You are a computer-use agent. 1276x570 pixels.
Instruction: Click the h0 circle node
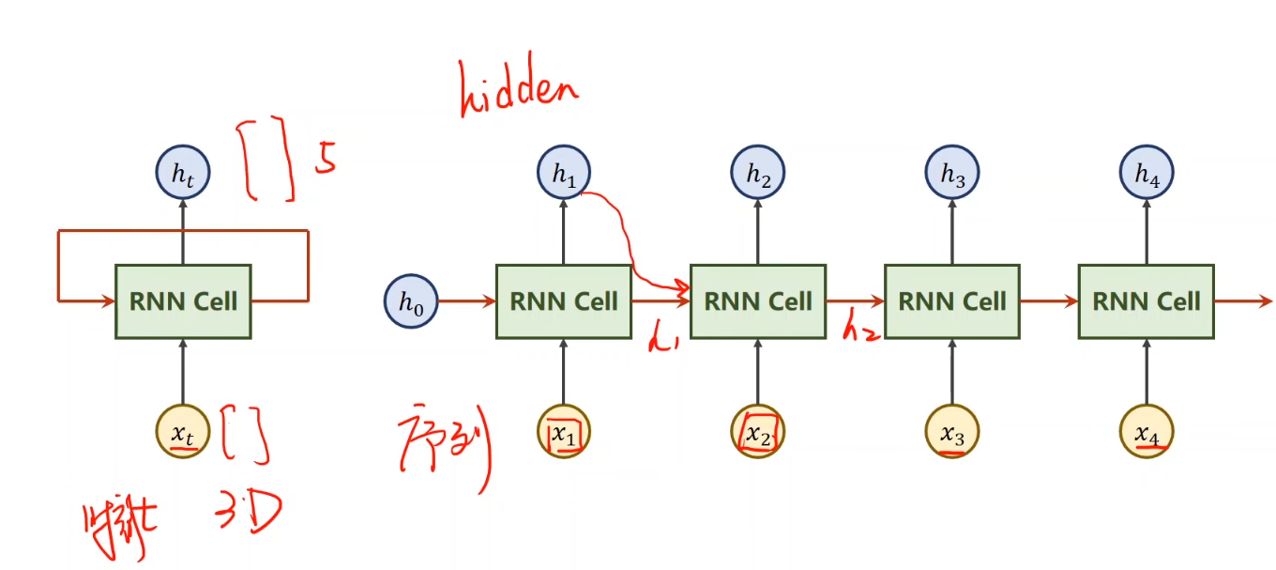pos(411,301)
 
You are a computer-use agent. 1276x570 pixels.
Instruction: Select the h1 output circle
pos(564,174)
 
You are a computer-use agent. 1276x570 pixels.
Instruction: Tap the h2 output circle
pos(758,174)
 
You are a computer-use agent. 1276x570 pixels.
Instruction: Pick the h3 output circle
pos(952,174)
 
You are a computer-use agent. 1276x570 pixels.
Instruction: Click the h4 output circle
pos(1147,174)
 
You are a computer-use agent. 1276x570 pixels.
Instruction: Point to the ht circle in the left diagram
pos(183,174)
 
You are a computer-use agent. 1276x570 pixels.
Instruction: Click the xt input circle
pos(183,432)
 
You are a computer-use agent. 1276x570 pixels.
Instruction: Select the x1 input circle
pos(564,433)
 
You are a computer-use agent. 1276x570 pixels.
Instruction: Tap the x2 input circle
pos(758,433)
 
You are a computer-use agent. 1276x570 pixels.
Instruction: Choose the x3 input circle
pos(952,433)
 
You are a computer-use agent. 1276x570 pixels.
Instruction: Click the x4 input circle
pos(1147,433)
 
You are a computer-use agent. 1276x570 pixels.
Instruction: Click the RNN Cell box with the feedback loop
pos(183,301)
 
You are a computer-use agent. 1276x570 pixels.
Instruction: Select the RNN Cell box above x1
pos(564,301)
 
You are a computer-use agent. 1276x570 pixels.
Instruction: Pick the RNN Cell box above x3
pos(952,301)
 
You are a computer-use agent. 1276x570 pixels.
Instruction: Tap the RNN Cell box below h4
pos(1147,301)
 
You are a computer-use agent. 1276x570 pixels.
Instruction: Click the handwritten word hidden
pos(518,91)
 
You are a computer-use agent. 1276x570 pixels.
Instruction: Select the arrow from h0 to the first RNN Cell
pos(466,301)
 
